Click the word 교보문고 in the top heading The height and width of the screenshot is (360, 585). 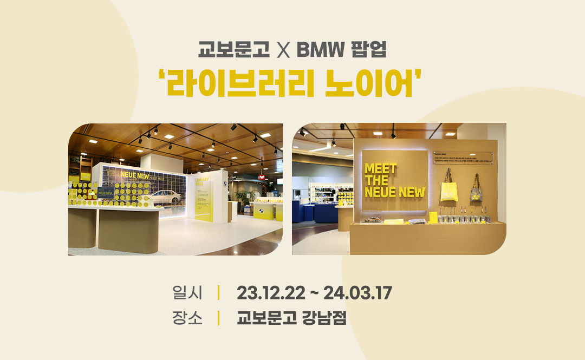click(233, 51)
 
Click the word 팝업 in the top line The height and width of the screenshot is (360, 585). click(368, 51)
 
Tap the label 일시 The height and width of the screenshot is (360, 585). click(187, 293)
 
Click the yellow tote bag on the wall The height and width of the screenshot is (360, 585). click(449, 190)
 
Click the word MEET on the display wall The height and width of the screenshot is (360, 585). click(380, 168)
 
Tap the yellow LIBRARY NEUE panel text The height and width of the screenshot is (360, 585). click(200, 180)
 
